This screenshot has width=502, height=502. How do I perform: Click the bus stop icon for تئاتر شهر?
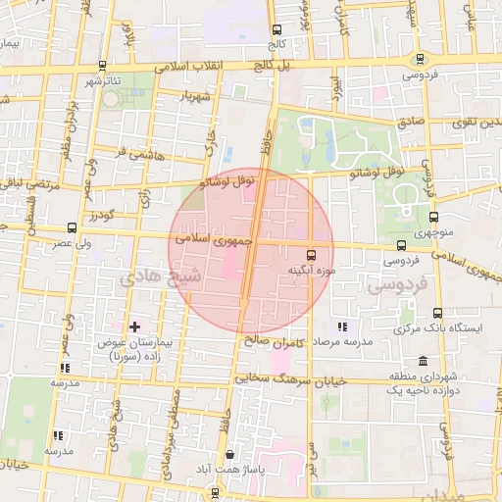pyautogui.click(x=102, y=65)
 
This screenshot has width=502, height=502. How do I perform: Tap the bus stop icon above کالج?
pyautogui.click(x=276, y=29)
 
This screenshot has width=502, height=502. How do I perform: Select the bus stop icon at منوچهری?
pyautogui.click(x=433, y=218)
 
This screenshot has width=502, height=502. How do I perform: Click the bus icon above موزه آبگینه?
pyautogui.click(x=312, y=251)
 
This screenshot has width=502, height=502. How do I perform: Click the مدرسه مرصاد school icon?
pyautogui.click(x=341, y=326)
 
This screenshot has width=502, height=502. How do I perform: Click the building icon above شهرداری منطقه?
pyautogui.click(x=423, y=361)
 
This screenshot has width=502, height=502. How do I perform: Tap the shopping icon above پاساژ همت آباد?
pyautogui.click(x=230, y=455)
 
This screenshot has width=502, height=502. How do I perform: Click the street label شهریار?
pyautogui.click(x=195, y=98)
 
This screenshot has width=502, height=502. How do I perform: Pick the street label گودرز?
pyautogui.click(x=103, y=214)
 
